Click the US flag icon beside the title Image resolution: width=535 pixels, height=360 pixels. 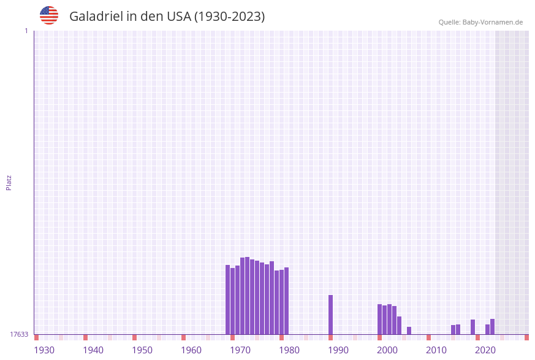(49, 15)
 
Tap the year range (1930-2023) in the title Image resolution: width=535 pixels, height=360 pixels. (229, 17)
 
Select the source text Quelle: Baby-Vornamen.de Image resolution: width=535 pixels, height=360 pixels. (480, 22)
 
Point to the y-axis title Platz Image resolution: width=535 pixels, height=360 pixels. (9, 182)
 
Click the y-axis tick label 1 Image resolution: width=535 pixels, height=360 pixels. (26, 31)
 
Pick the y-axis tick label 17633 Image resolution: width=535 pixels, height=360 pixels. (19, 334)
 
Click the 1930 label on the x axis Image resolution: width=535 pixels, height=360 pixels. (44, 350)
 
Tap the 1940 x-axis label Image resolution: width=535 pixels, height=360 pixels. (93, 350)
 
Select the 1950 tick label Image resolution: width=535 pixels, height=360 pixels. (142, 350)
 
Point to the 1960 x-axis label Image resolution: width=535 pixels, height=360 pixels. (191, 350)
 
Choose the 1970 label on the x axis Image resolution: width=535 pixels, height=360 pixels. (240, 350)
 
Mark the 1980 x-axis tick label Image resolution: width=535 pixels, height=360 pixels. (289, 350)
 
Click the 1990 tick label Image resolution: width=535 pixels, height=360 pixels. (338, 350)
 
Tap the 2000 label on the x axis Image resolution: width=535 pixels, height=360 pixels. (387, 350)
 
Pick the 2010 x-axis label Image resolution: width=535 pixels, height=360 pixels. (436, 350)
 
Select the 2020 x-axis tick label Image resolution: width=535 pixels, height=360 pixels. (485, 350)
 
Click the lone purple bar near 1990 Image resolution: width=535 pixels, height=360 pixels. (331, 315)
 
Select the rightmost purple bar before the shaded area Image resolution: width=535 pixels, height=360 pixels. (492, 326)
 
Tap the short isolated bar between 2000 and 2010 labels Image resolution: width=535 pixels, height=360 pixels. (409, 331)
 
